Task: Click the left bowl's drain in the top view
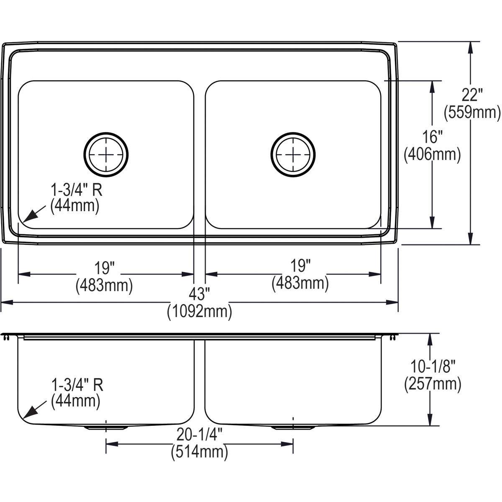[106, 154]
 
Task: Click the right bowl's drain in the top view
[293, 154]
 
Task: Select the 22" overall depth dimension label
[473, 95]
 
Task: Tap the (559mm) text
[472, 112]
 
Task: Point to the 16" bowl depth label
[433, 137]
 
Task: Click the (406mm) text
[432, 154]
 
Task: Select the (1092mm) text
[199, 312]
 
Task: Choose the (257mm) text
[433, 384]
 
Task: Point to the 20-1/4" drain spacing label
[199, 435]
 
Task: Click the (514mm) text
[199, 452]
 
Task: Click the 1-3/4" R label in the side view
[77, 384]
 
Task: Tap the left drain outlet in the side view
[106, 428]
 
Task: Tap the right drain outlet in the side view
[293, 428]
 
